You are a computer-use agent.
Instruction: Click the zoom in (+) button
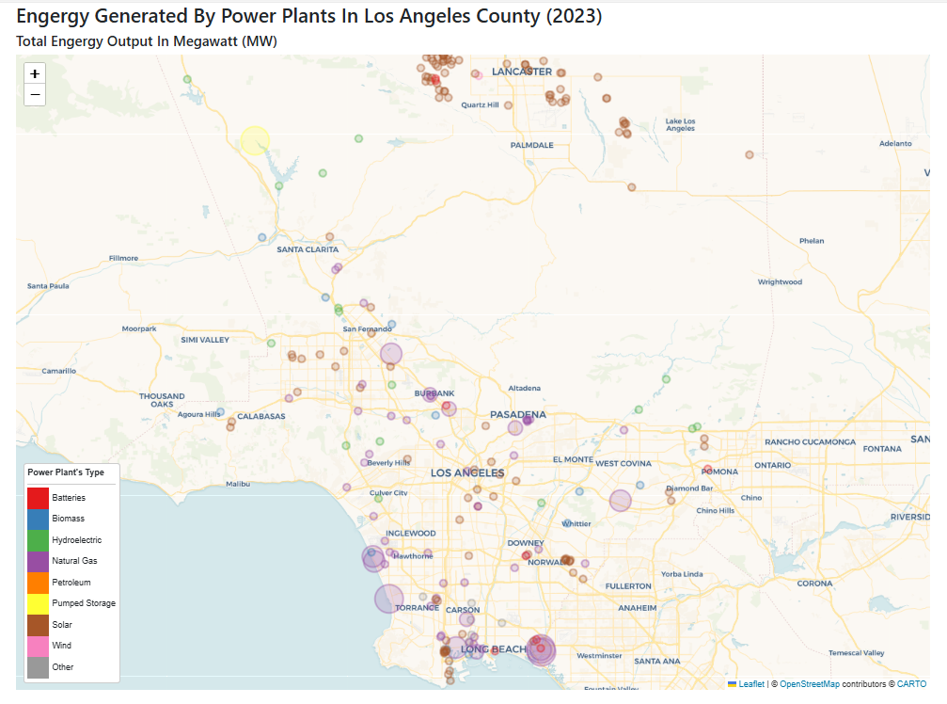35,73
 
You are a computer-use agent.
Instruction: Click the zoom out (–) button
35,94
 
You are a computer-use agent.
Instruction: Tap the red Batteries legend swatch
38,497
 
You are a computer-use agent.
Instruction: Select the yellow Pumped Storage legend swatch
38,603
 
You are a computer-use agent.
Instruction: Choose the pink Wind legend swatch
38,646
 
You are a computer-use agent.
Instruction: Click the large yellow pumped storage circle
255,141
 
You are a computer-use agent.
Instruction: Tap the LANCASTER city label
522,72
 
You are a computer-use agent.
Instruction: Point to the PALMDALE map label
532,145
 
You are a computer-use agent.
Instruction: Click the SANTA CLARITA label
308,249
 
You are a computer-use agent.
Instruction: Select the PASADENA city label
518,414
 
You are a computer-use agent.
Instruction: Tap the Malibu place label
238,484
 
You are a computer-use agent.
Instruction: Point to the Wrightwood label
780,281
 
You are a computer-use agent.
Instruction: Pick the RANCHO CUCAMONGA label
810,441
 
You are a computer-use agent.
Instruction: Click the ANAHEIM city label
638,608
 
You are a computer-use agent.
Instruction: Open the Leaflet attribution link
750,684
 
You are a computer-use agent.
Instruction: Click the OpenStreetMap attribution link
809,684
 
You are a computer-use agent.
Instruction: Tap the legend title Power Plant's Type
66,472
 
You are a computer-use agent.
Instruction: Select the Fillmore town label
123,258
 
